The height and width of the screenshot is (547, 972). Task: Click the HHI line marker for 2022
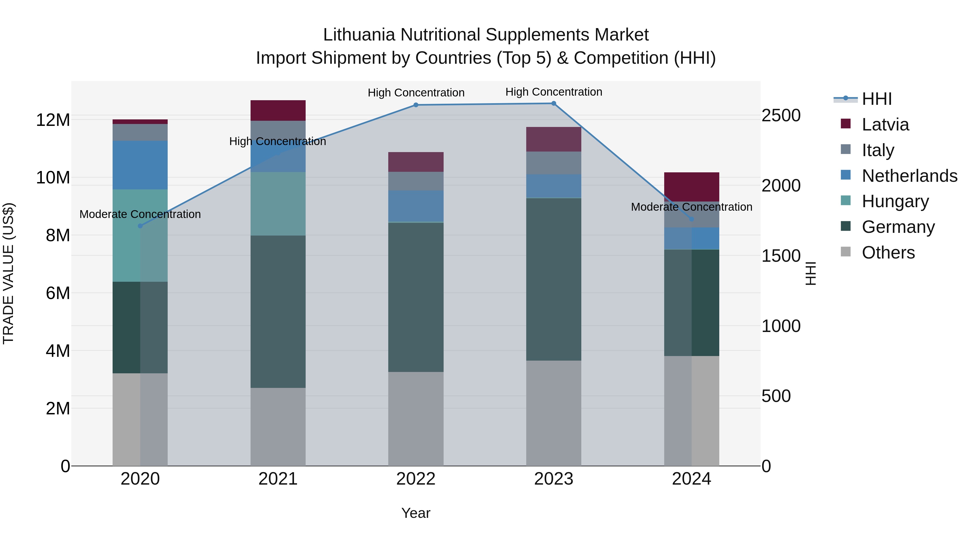pos(416,105)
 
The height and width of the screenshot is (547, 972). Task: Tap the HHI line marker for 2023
pos(553,103)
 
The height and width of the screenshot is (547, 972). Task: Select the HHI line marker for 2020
pos(140,226)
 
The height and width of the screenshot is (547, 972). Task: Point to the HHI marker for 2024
pos(691,219)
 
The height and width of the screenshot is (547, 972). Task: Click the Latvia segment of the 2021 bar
pos(278,110)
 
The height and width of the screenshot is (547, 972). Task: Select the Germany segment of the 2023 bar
pos(553,279)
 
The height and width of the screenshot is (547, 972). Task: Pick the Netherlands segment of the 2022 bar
pos(416,206)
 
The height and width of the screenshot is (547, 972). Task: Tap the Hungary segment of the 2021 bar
pos(278,204)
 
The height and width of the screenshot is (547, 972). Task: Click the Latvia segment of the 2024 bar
pos(691,187)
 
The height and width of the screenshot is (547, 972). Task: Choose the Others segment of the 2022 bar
pos(416,419)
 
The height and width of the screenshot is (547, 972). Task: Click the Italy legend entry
pos(878,150)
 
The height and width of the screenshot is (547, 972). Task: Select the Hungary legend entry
pos(895,201)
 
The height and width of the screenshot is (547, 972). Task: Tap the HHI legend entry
pos(876,99)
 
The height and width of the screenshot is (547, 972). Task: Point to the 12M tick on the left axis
pos(53,120)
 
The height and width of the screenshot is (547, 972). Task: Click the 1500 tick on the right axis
pos(781,256)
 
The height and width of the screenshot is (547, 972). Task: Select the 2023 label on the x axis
pos(553,479)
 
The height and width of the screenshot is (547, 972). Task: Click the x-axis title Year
pos(416,513)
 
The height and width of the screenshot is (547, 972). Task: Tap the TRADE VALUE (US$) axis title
pos(8,273)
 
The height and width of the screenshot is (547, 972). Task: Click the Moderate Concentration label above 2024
pos(691,207)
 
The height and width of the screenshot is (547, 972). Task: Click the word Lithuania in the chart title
pos(359,35)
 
